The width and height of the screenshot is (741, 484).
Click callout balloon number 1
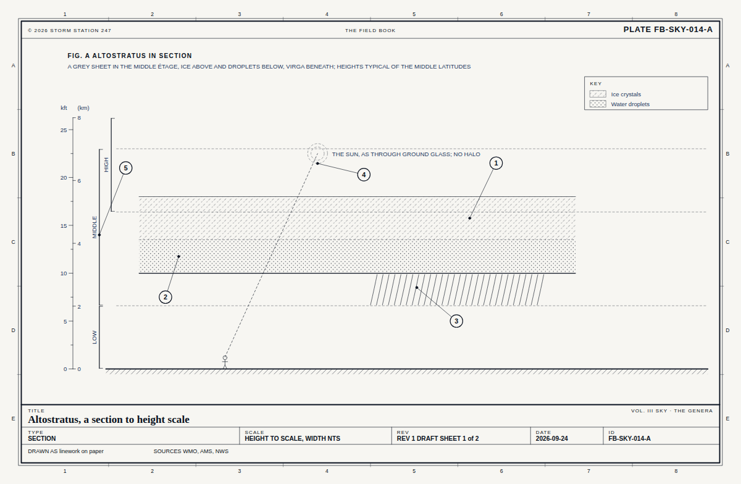[x=496, y=163]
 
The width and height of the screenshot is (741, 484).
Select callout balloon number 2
[x=165, y=297]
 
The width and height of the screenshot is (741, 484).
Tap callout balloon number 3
[x=456, y=321]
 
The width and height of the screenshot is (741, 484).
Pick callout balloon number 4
[x=364, y=175]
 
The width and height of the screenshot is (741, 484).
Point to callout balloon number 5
[x=126, y=168]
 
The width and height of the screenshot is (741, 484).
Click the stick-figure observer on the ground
[x=225, y=362]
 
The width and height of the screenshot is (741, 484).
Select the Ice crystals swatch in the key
[x=598, y=94]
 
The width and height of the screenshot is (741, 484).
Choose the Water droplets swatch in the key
[x=598, y=104]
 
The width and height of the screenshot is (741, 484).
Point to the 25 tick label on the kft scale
[x=64, y=130]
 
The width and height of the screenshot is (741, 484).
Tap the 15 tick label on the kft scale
[x=64, y=226]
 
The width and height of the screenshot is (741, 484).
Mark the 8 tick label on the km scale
[x=79, y=118]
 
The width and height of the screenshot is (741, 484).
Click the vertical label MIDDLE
[x=94, y=227]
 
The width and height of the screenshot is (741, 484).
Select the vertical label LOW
[x=94, y=337]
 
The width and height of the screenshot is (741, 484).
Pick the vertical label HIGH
[x=106, y=164]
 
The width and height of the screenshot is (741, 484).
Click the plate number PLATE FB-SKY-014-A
[x=668, y=30]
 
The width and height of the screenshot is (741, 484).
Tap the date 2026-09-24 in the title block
[x=552, y=439]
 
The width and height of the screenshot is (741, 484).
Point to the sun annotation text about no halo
[x=406, y=154]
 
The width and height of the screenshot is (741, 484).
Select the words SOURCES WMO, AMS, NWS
[x=191, y=451]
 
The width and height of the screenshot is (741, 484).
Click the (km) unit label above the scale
[x=83, y=108]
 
